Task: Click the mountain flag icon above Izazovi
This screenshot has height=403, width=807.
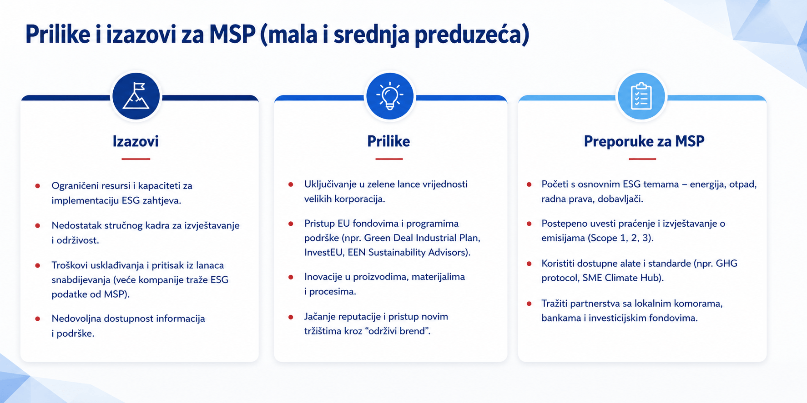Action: coord(136,96)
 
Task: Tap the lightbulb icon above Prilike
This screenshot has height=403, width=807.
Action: coord(390,96)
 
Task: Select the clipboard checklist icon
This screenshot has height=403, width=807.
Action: coord(641,96)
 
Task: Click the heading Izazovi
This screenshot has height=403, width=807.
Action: coord(136,141)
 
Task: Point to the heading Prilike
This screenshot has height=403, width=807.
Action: coord(388,141)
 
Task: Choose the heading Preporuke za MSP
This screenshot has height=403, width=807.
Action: coord(644,141)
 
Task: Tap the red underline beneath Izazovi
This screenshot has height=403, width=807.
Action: coord(136,159)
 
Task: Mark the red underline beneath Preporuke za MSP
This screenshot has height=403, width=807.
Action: coord(642,159)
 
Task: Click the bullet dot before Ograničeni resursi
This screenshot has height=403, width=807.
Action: coord(38,186)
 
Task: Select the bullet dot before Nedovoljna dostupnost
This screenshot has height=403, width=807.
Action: coord(38,318)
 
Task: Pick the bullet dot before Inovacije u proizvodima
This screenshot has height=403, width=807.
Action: coord(291,277)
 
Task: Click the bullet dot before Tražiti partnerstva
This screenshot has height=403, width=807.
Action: coord(529,303)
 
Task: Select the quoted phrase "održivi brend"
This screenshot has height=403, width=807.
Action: coord(401,331)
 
